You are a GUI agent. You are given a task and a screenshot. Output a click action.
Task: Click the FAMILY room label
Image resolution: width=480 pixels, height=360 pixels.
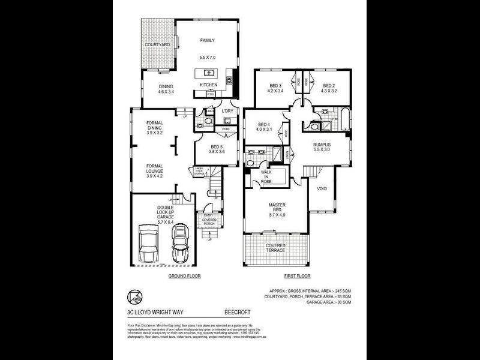(x=207, y=41)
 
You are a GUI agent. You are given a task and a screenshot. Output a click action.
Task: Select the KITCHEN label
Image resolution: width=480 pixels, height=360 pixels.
(x=208, y=85)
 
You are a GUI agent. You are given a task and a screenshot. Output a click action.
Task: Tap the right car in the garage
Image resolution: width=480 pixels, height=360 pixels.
(x=179, y=245)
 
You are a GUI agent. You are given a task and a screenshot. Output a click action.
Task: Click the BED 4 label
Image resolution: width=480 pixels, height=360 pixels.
(x=265, y=127)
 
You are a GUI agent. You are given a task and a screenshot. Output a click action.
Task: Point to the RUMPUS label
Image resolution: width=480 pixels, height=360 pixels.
(x=322, y=148)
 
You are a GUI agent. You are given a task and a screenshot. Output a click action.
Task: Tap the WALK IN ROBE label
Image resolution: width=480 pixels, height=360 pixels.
(x=268, y=177)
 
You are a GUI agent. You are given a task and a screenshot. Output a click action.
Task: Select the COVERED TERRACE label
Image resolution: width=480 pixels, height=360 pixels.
(x=276, y=248)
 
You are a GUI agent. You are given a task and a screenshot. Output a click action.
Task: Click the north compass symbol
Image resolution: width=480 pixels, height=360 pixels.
(x=135, y=296)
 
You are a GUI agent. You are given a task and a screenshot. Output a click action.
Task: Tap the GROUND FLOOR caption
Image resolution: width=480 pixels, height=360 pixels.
(x=184, y=276)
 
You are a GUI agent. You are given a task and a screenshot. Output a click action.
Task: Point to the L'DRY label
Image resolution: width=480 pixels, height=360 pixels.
(x=227, y=112)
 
